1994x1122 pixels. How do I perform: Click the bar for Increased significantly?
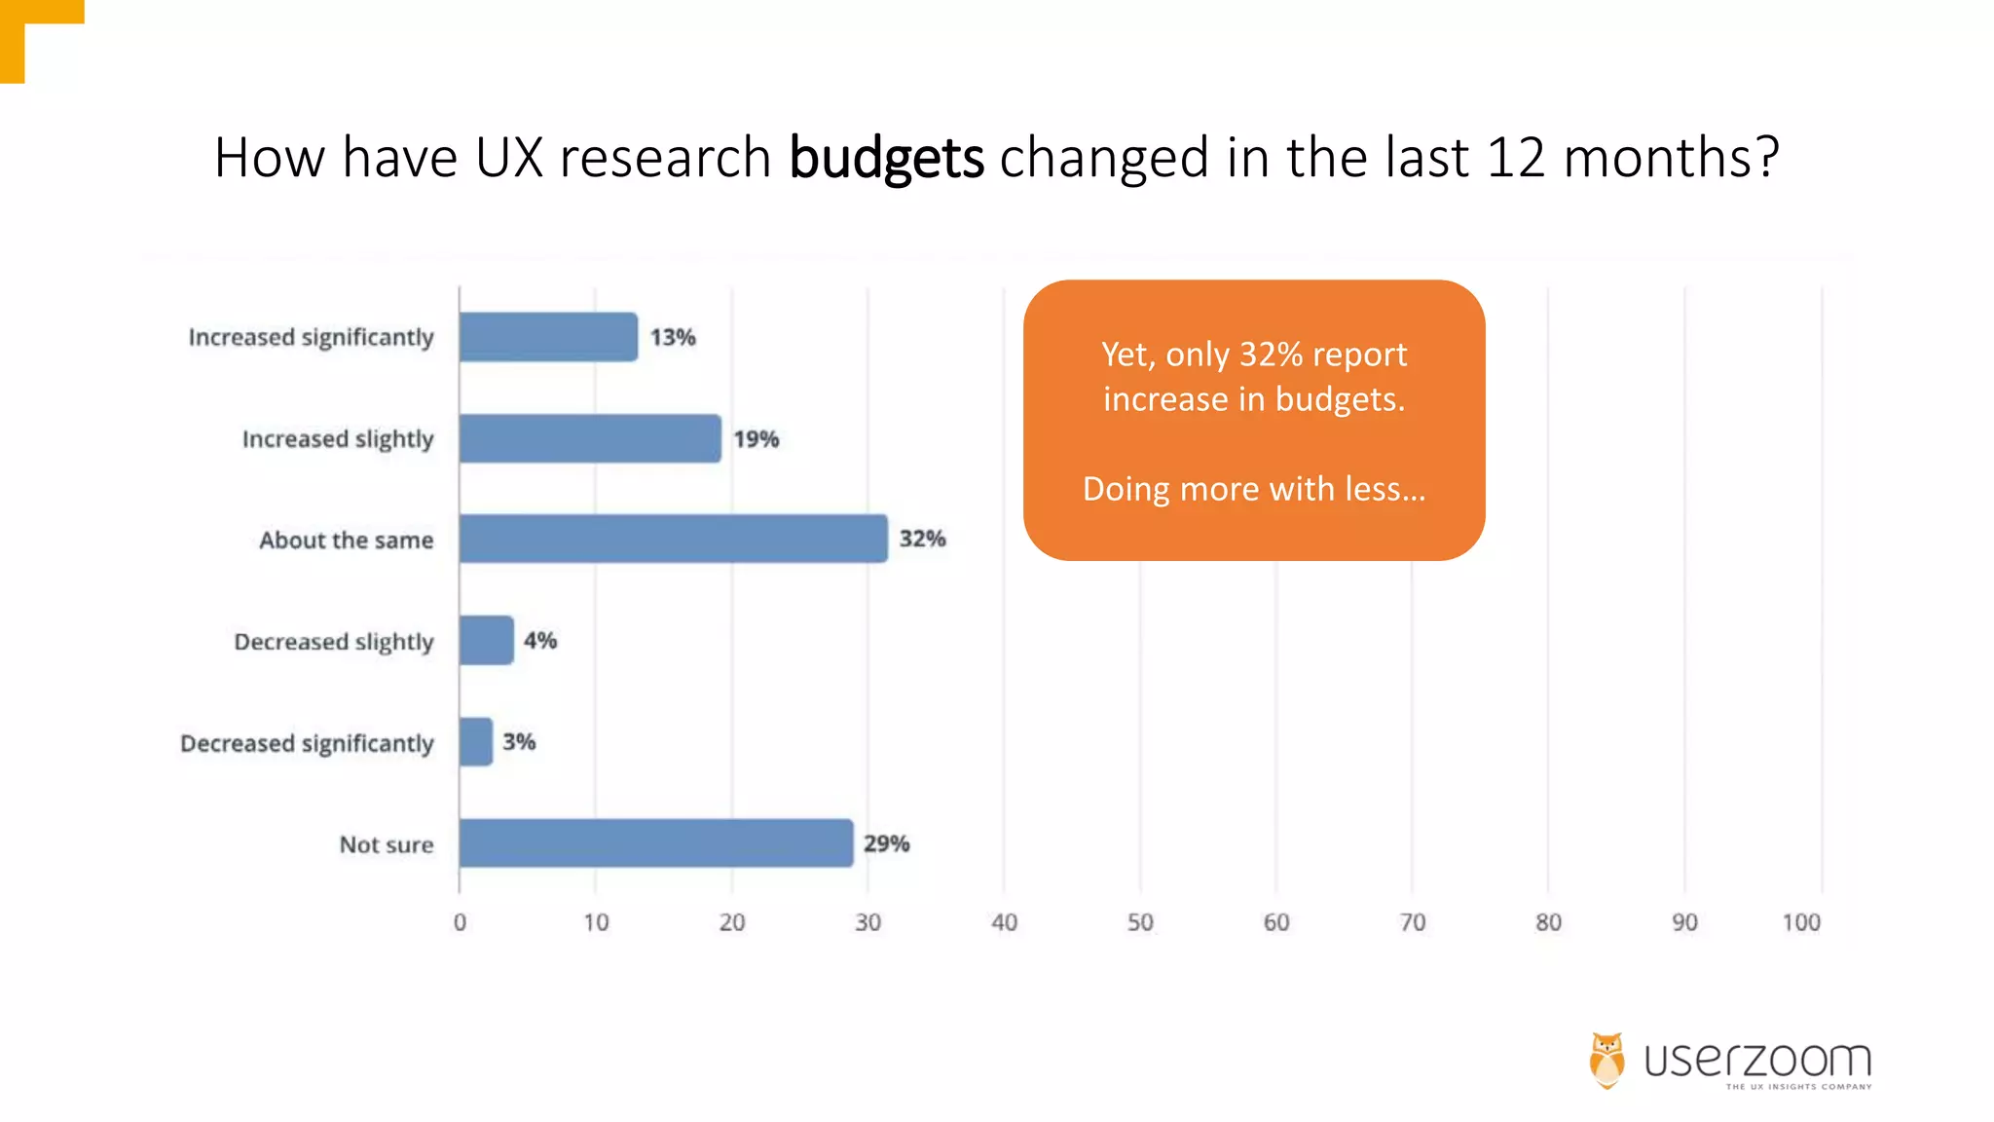click(x=548, y=337)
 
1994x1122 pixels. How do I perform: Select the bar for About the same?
click(x=673, y=539)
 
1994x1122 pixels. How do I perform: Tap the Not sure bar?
click(x=656, y=843)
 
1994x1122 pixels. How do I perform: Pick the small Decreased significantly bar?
click(x=476, y=742)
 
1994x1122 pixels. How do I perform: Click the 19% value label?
click(x=757, y=439)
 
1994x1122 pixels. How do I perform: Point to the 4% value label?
click(x=540, y=641)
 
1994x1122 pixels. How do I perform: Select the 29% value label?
click(x=886, y=843)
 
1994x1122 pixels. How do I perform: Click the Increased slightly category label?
click(x=338, y=439)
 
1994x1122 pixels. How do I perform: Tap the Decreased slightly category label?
click(x=334, y=642)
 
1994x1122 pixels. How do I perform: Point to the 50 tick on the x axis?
click(x=1140, y=922)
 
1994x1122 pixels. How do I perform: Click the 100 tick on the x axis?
click(x=1801, y=922)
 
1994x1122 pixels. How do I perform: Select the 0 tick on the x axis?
click(x=460, y=922)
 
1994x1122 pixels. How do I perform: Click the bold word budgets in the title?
click(x=886, y=158)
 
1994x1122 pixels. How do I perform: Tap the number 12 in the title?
click(x=1516, y=158)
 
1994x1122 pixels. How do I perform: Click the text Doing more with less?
click(x=1254, y=489)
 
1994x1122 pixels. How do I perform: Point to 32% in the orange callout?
click(x=1271, y=355)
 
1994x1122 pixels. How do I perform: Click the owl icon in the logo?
click(x=1607, y=1061)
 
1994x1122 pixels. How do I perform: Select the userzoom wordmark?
click(x=1757, y=1060)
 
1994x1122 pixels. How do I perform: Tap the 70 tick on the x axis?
click(x=1412, y=922)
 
